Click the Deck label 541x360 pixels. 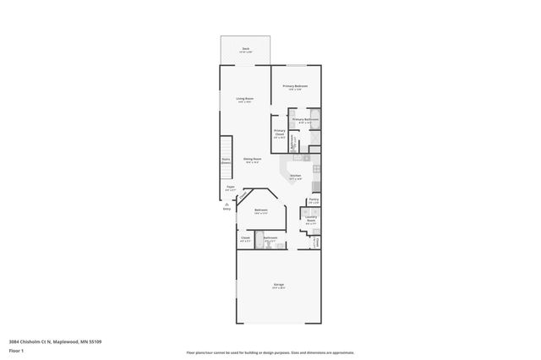coord(245,49)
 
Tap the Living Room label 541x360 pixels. coord(245,99)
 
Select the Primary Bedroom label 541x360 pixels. coord(295,86)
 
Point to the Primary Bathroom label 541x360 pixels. coord(303,120)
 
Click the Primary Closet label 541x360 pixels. coord(279,132)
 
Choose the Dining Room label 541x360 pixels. coord(252,159)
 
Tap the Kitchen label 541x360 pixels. coord(295,176)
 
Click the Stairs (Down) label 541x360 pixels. coord(226,160)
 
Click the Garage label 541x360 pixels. coord(278,286)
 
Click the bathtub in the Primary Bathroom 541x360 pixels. coord(315,120)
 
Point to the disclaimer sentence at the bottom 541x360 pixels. coord(270,352)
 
